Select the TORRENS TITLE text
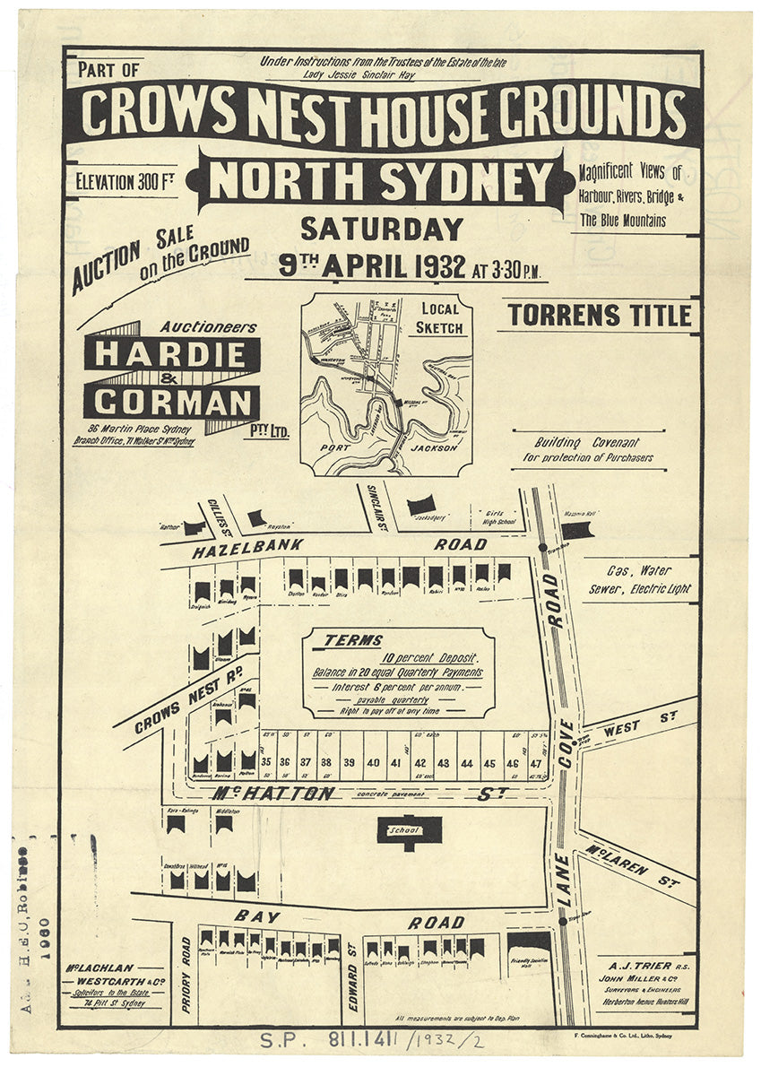600,316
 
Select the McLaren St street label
632,865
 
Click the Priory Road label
186,975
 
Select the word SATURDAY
382,230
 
